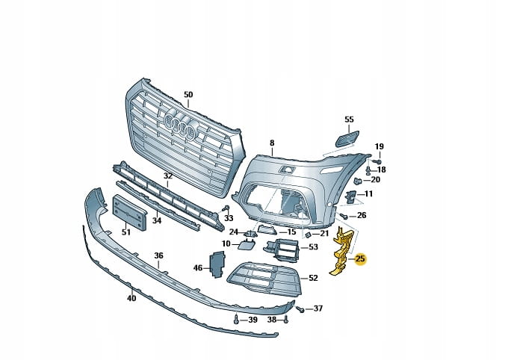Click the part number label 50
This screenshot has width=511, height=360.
coord(188,95)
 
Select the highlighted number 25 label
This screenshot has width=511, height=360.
coord(360,259)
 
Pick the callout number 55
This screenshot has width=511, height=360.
coord(349,120)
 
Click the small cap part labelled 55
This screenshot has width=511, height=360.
coord(345,137)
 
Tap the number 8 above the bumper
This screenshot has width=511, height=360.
coord(272,142)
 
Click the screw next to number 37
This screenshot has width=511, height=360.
coord(300,308)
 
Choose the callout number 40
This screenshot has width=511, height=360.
coord(131,299)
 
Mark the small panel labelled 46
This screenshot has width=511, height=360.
coord(216,264)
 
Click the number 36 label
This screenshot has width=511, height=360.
coord(158,255)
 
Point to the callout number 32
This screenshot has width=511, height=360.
coord(168,176)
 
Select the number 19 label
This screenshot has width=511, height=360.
coord(379,146)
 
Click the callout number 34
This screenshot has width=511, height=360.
coord(157,220)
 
